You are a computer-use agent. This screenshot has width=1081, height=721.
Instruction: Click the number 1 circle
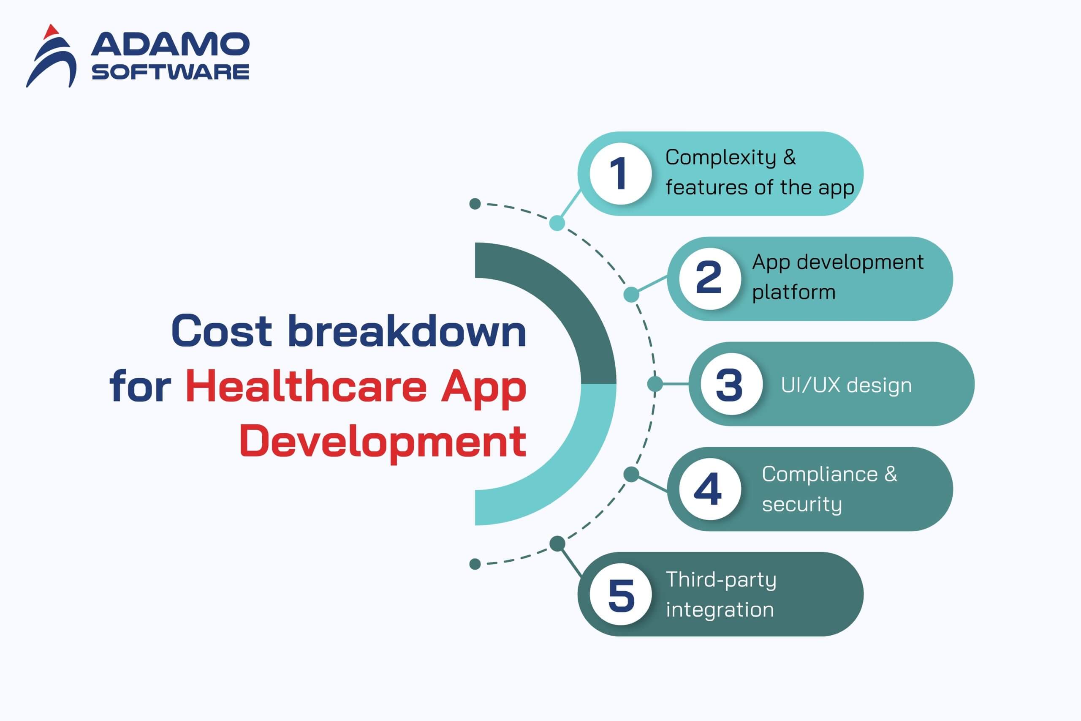pyautogui.click(x=620, y=173)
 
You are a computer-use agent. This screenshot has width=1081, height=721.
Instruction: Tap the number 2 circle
pyautogui.click(x=710, y=279)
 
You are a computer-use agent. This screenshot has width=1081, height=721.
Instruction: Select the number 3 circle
pyautogui.click(x=731, y=384)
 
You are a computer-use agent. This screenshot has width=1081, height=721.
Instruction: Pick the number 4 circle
pyautogui.click(x=710, y=489)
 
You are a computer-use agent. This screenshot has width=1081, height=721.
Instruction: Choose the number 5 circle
pyautogui.click(x=620, y=594)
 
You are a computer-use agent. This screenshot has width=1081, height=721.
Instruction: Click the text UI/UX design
pyautogui.click(x=846, y=385)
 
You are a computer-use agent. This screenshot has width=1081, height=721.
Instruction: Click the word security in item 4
pyautogui.click(x=802, y=505)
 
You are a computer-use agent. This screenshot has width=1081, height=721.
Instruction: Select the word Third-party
pyautogui.click(x=721, y=580)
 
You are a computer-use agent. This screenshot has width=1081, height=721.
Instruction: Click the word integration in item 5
pyautogui.click(x=720, y=610)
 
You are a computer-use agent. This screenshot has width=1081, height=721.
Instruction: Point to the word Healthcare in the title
pyautogui.click(x=306, y=387)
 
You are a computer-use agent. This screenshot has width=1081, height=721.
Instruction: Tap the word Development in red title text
pyautogui.click(x=383, y=442)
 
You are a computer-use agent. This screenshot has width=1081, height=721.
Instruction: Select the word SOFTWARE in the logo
pyautogui.click(x=171, y=72)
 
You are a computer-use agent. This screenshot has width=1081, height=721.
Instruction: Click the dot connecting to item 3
pyautogui.click(x=655, y=384)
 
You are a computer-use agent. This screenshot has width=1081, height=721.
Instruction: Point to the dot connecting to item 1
pyautogui.click(x=557, y=224)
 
